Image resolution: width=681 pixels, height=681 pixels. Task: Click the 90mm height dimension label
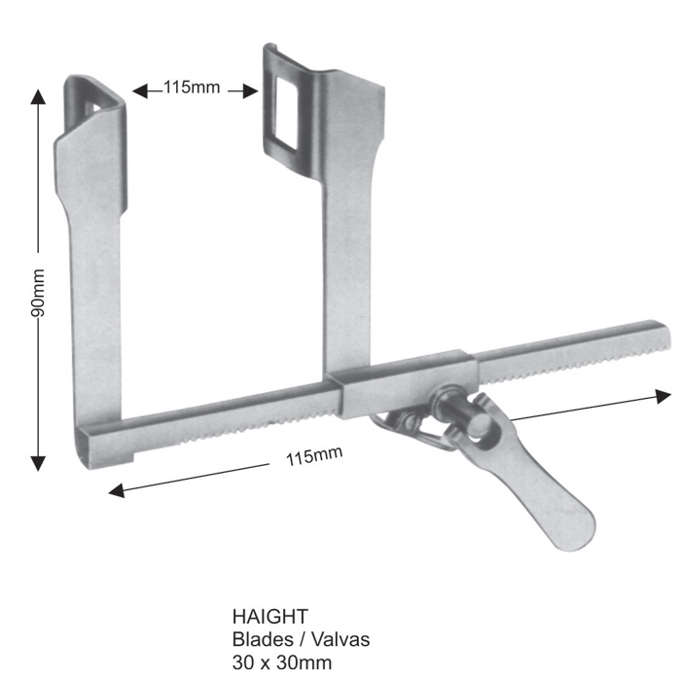pos(38,293)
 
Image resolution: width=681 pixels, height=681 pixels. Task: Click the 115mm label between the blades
pos(192,88)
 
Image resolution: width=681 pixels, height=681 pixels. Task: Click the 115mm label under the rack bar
pos(314,455)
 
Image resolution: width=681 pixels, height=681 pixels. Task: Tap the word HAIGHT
pos(270,617)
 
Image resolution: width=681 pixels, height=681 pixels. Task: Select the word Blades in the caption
pos(263,639)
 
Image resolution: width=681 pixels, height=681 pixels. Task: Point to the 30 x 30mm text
pos(282,663)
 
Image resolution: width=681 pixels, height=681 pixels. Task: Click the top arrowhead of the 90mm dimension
pos(38,96)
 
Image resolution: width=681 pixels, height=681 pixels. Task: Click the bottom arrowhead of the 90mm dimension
pos(38,463)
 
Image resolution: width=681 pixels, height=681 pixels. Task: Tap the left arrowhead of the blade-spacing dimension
pos(140,91)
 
